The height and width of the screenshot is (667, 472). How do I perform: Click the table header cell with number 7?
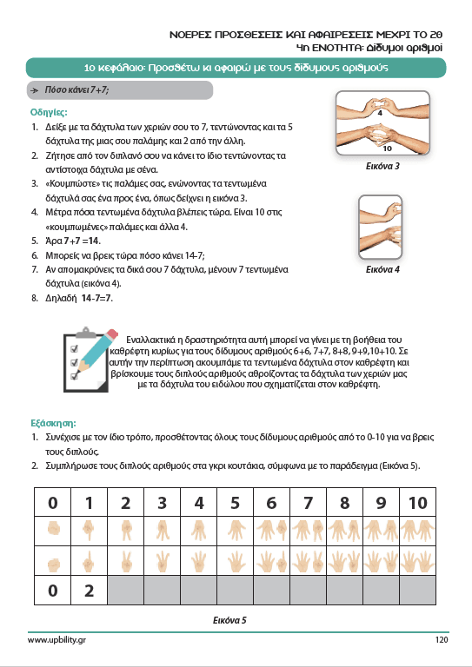(308, 502)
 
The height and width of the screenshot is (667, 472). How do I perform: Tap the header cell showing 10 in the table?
(417, 502)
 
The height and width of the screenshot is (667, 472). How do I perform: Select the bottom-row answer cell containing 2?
(89, 590)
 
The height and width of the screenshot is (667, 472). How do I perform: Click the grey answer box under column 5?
(235, 590)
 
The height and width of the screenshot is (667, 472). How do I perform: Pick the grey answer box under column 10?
(417, 590)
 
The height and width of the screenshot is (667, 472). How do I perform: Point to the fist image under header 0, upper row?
(53, 530)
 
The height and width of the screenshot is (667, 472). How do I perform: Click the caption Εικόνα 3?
(382, 167)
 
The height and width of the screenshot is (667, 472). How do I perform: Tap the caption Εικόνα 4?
(382, 269)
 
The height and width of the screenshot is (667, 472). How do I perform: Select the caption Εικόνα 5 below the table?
(229, 620)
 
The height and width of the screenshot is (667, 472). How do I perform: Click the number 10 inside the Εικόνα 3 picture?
(388, 149)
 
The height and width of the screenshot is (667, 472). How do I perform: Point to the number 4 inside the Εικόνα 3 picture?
(380, 113)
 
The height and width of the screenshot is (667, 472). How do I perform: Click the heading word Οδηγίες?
(49, 112)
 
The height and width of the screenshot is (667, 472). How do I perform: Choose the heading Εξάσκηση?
(53, 423)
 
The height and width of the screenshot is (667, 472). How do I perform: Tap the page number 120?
(442, 639)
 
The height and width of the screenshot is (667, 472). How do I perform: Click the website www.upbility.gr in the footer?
(57, 640)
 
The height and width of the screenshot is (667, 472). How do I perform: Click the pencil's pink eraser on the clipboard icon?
(112, 334)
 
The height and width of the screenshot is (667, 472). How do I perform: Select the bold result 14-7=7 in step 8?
(96, 298)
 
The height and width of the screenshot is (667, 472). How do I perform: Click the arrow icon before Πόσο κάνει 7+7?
(36, 90)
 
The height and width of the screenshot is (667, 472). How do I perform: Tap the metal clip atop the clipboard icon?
(86, 333)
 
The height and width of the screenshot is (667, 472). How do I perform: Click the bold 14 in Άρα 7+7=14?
(94, 241)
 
